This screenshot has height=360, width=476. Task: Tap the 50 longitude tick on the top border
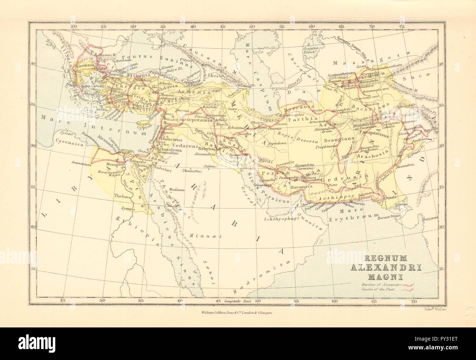coord(252,27)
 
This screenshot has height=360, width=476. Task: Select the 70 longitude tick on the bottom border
coord(413,301)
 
